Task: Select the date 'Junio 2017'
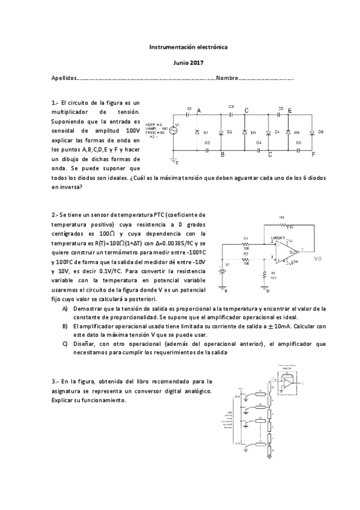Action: pyautogui.click(x=180, y=63)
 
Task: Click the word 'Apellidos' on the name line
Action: pyautogui.click(x=64, y=79)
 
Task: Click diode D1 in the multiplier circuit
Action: pyautogui.click(x=198, y=132)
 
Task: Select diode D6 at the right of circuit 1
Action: pyautogui.click(x=312, y=132)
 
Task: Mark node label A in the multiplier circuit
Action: pyautogui.click(x=198, y=110)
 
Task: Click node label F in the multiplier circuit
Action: pyautogui.click(x=313, y=155)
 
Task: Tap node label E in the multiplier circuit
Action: pyautogui.click(x=290, y=111)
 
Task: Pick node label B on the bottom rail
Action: pyautogui.click(x=222, y=155)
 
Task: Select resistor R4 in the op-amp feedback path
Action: pyautogui.click(x=289, y=227)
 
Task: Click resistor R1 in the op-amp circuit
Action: pyautogui.click(x=246, y=245)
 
